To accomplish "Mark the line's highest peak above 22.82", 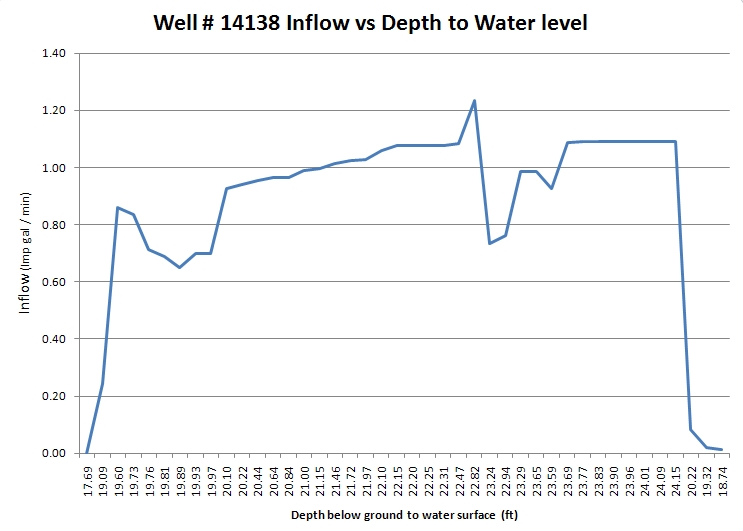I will point(474,100).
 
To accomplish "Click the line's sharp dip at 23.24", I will point(489,243).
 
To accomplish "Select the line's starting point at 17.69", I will point(88,452).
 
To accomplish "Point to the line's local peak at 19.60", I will point(118,207).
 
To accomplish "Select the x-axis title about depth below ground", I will point(404,516).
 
